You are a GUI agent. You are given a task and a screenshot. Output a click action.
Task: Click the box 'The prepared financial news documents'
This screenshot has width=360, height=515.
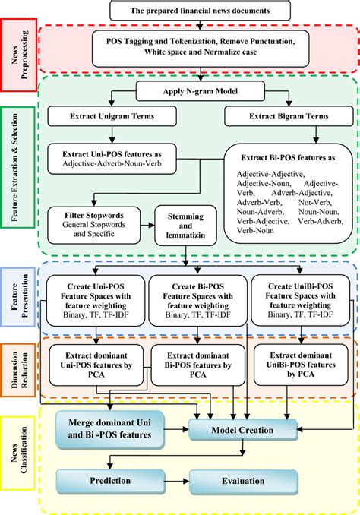pyautogui.click(x=201, y=10)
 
